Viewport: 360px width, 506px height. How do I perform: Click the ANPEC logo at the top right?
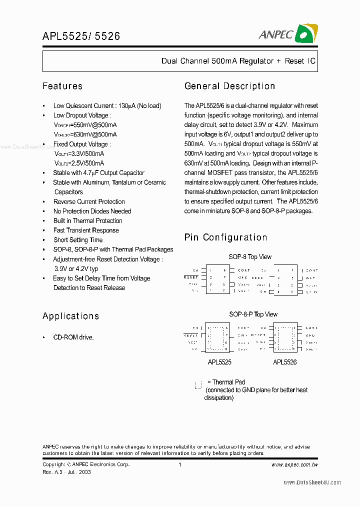coord(288,33)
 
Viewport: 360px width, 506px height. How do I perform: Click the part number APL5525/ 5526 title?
coord(81,36)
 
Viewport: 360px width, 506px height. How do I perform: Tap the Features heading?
coord(62,86)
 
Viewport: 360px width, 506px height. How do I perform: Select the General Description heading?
coord(229,86)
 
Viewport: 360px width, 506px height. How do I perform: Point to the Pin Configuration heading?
coord(225,237)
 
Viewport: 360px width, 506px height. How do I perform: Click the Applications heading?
coord(70,316)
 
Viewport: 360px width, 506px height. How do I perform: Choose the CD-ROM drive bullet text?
coord(73,337)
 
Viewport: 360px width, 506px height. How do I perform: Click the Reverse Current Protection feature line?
coord(89,201)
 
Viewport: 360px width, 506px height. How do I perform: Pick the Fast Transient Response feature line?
coord(86,230)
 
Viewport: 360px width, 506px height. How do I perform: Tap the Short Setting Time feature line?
coord(78,240)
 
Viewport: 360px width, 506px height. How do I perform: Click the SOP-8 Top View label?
coord(250,257)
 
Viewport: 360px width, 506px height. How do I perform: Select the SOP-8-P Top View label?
coord(253,314)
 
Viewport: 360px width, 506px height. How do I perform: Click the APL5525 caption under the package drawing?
coord(219,362)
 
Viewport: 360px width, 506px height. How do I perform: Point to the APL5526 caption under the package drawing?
coord(285,362)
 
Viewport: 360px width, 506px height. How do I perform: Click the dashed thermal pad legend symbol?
coord(198,384)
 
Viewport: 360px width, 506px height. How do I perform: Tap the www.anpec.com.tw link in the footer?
coord(294,464)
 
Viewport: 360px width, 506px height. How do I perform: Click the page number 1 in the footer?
coord(179,464)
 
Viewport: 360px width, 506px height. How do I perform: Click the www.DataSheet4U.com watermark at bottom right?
coord(312,482)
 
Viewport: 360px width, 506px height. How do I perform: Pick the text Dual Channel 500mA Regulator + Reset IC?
coord(238,61)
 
